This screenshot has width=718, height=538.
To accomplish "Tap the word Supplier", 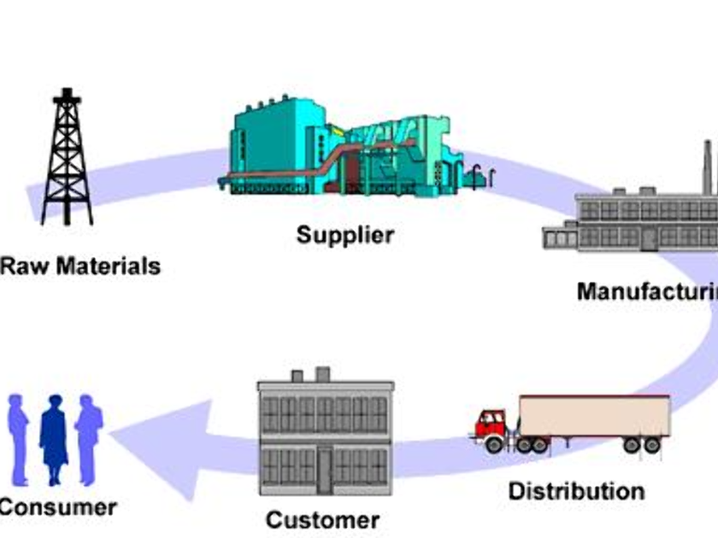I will [345, 234].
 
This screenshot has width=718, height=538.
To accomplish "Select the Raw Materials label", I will [79, 266].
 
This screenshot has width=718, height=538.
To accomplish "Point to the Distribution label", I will [576, 491].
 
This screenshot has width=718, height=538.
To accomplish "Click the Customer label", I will [322, 519].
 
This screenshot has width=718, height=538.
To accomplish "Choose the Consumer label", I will [56, 506].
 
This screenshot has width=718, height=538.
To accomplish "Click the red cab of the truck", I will [492, 424].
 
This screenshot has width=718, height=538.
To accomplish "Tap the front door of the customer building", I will [326, 470].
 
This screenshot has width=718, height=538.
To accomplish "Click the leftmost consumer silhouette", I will [19, 436].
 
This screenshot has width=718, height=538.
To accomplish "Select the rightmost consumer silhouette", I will [89, 436].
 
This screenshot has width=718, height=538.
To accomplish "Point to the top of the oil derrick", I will [66, 92].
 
